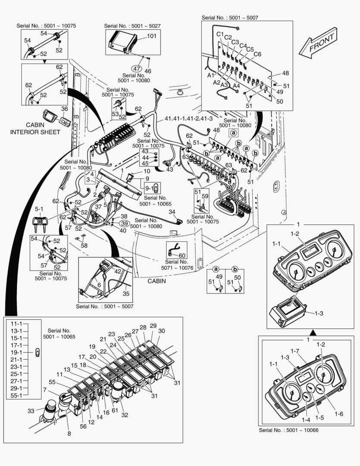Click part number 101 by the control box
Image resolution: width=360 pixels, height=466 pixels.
151,36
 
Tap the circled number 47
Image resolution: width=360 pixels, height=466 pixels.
137,69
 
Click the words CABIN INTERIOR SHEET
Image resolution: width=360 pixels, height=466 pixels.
35,128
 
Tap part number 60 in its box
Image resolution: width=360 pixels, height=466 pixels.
182,255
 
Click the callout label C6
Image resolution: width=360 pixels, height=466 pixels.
257,54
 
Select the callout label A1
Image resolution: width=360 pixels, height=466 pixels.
211,75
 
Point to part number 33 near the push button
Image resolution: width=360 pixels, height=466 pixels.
31,411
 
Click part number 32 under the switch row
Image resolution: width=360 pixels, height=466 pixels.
125,415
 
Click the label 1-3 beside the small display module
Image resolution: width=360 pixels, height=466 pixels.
319,313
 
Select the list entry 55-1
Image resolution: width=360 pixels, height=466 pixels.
16,395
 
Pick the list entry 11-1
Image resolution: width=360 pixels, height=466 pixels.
16,323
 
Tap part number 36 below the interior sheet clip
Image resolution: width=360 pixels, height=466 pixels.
64,109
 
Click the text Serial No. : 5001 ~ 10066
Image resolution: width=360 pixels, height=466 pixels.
288,430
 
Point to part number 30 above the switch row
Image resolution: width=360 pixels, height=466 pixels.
162,331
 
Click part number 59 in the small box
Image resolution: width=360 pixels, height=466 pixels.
205,196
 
